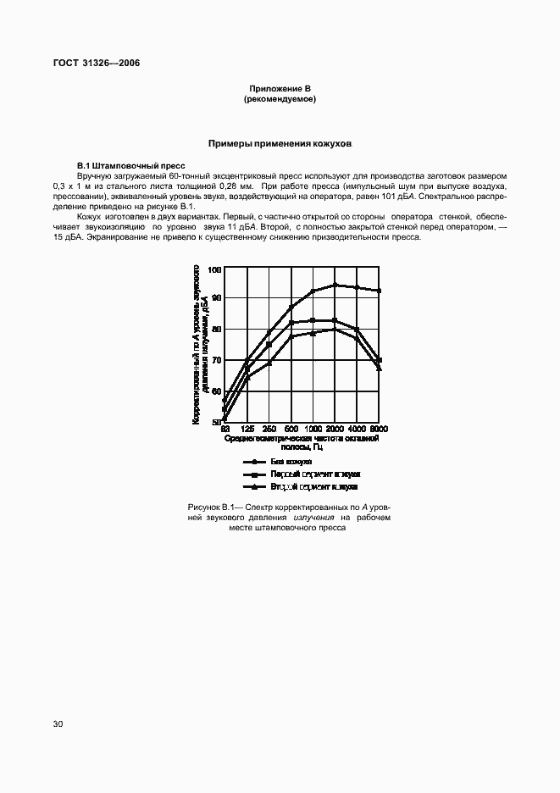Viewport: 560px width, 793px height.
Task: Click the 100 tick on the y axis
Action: pos(215,269)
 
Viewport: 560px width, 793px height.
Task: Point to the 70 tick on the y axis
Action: pos(215,361)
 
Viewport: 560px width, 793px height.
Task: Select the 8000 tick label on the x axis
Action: pos(378,429)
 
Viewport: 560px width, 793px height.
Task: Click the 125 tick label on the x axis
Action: pos(247,429)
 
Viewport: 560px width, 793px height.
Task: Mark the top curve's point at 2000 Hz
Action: pos(335,285)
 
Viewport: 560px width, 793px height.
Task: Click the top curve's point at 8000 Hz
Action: pos(379,291)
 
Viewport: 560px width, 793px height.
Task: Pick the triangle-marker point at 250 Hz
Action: pos(269,363)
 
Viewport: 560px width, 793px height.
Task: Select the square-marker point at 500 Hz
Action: pos(291,323)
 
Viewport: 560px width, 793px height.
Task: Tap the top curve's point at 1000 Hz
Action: pos(313,291)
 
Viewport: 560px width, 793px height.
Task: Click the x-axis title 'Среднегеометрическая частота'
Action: pos(301,439)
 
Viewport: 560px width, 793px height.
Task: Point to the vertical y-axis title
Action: pos(198,344)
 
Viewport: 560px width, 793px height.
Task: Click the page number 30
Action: pos(58,724)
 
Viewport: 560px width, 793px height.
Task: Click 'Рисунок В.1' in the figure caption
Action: pos(211,506)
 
